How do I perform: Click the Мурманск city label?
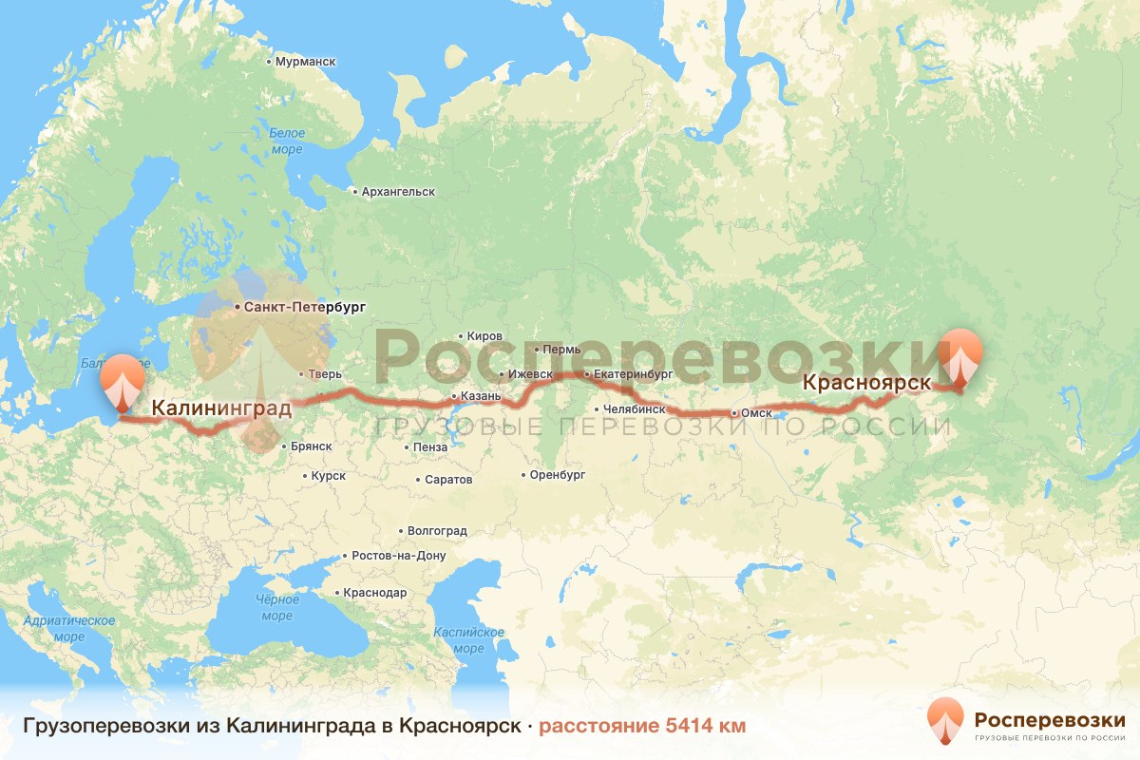(x=305, y=62)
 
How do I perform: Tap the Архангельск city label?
(x=397, y=192)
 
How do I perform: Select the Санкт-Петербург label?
(x=304, y=308)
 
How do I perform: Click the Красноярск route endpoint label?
(x=865, y=383)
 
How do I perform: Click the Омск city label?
(x=755, y=414)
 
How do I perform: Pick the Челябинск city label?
(x=628, y=409)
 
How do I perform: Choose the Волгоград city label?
(x=437, y=531)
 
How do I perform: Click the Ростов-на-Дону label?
(x=398, y=556)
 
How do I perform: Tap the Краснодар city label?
(x=374, y=593)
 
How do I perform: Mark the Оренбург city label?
(x=557, y=475)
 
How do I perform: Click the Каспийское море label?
(x=468, y=639)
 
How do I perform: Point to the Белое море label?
(x=286, y=141)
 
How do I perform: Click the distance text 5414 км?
(x=642, y=726)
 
